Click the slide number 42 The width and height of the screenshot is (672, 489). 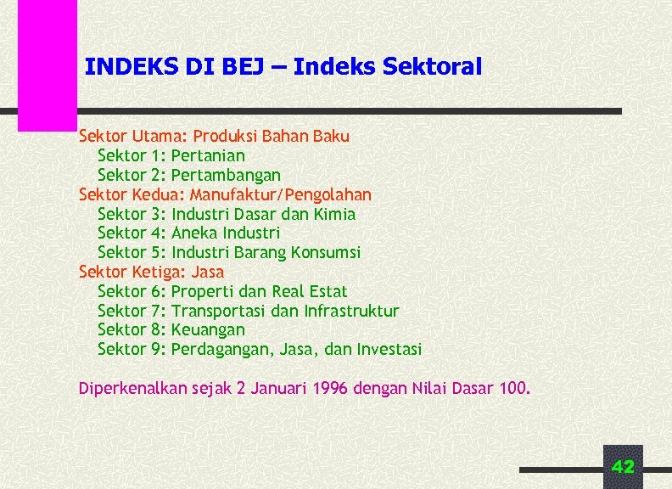click(x=623, y=466)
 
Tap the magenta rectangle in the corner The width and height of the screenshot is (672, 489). click(x=48, y=64)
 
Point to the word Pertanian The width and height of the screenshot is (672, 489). click(x=208, y=155)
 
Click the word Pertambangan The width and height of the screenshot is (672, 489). click(x=226, y=175)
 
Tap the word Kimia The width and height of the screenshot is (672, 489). click(x=334, y=214)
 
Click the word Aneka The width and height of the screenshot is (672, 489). click(x=193, y=233)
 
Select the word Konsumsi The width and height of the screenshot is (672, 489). click(x=326, y=252)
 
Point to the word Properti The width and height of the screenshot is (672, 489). click(x=200, y=291)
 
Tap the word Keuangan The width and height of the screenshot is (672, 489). click(x=208, y=329)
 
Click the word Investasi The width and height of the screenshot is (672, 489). click(x=389, y=349)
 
